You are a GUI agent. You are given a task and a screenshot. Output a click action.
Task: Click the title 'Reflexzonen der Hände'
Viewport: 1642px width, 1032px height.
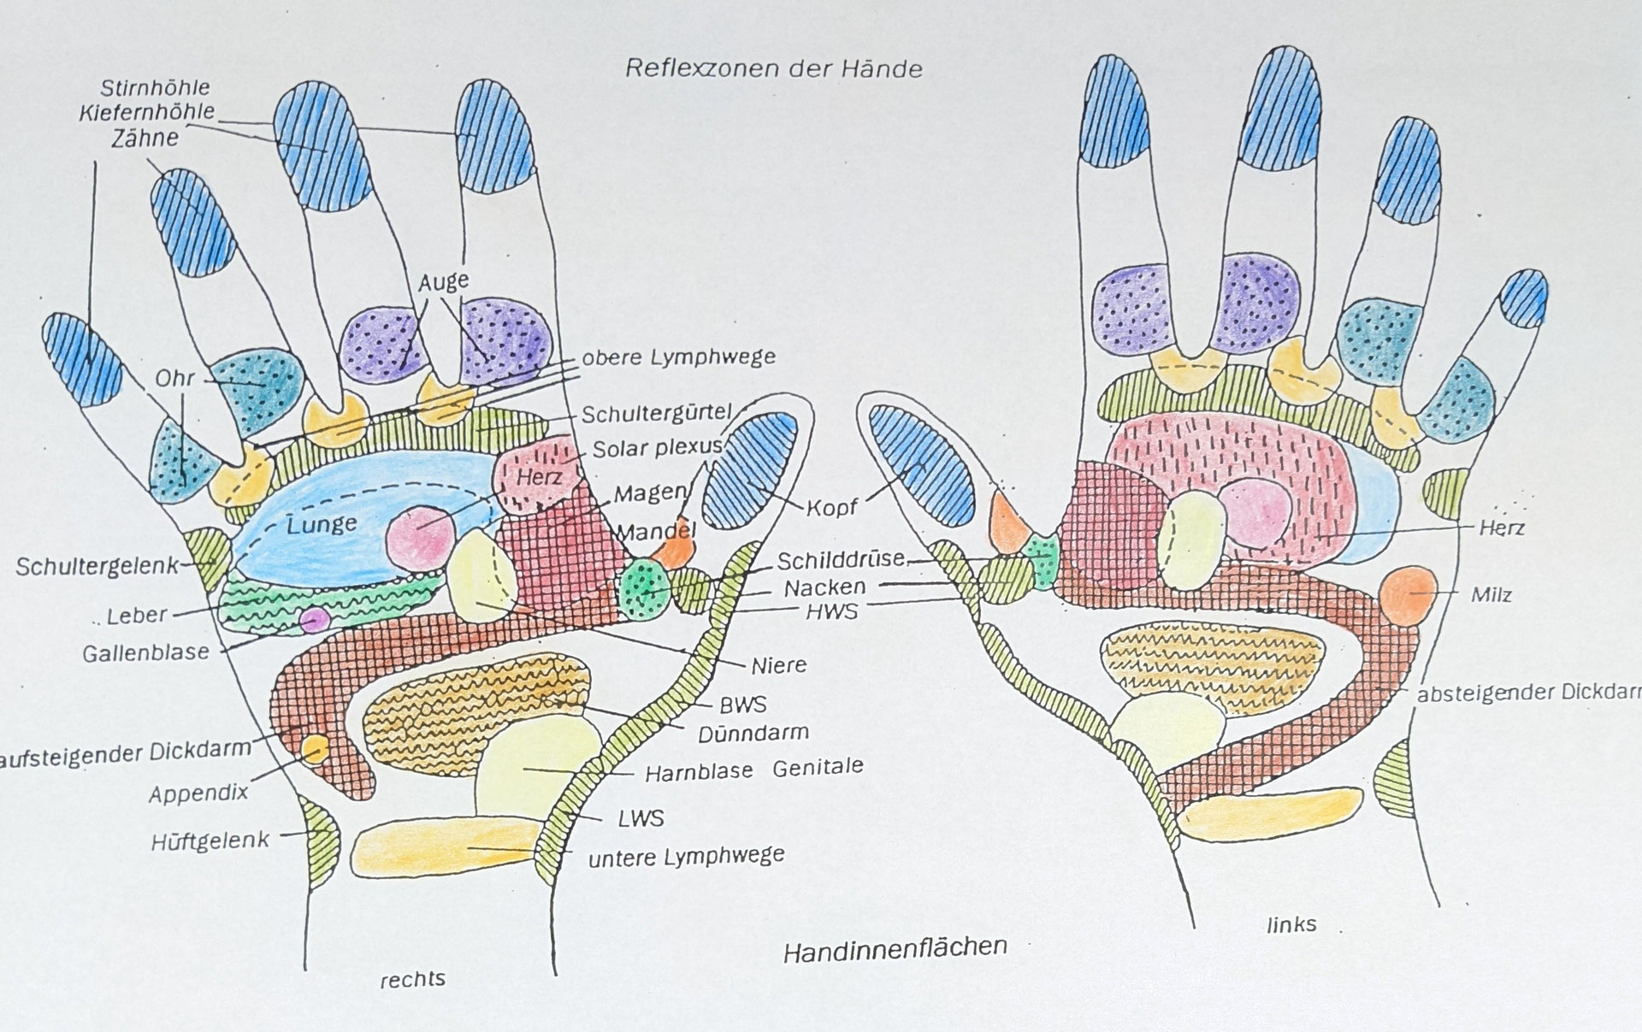(x=774, y=68)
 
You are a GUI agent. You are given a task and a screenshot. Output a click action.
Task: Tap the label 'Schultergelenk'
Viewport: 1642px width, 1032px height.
(x=96, y=566)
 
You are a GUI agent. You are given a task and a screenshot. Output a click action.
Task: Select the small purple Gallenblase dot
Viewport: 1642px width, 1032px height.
(x=313, y=619)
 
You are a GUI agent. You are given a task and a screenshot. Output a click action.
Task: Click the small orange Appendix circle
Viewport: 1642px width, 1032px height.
(x=315, y=750)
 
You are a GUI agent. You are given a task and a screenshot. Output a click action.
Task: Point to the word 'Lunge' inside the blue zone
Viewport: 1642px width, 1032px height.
(x=322, y=523)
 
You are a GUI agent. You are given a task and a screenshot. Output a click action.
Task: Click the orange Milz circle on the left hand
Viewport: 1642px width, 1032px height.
(x=1407, y=594)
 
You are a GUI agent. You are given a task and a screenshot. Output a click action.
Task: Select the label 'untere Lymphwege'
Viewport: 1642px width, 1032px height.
(x=686, y=856)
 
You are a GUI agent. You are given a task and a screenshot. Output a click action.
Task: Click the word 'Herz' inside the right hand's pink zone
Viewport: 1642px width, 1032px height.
(x=539, y=476)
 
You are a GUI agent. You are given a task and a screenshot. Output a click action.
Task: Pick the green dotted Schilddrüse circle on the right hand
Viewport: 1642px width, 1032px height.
(x=646, y=589)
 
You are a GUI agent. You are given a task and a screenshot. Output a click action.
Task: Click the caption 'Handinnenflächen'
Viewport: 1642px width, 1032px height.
(x=895, y=947)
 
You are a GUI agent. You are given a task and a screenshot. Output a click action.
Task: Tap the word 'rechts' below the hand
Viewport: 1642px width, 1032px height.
(x=412, y=979)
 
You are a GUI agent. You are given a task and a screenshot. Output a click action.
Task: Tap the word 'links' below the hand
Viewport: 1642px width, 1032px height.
(x=1291, y=924)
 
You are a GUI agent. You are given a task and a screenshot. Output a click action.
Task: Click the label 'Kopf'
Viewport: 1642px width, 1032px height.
(x=832, y=507)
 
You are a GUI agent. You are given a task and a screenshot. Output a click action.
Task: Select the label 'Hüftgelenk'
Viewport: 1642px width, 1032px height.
(x=210, y=840)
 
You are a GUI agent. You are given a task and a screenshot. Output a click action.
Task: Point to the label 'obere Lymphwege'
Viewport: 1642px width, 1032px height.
(x=678, y=357)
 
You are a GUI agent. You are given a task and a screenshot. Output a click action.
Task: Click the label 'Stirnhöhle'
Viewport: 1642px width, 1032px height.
(x=155, y=87)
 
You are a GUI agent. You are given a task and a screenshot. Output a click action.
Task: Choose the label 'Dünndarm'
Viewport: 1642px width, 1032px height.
(x=753, y=734)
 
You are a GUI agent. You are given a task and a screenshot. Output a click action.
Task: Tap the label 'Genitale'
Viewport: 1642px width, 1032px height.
(x=818, y=767)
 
